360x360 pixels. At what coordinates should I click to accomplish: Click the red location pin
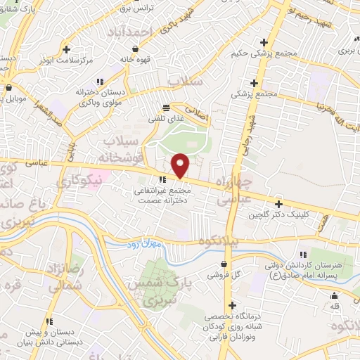click(x=181, y=165)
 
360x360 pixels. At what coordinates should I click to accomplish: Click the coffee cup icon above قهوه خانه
click(x=130, y=49)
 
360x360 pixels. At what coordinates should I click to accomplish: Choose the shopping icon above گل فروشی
click(x=224, y=264)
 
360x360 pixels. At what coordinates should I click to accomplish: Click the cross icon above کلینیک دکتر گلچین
click(x=279, y=202)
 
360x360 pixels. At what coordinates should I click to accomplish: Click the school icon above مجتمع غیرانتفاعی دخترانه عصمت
click(x=163, y=179)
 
